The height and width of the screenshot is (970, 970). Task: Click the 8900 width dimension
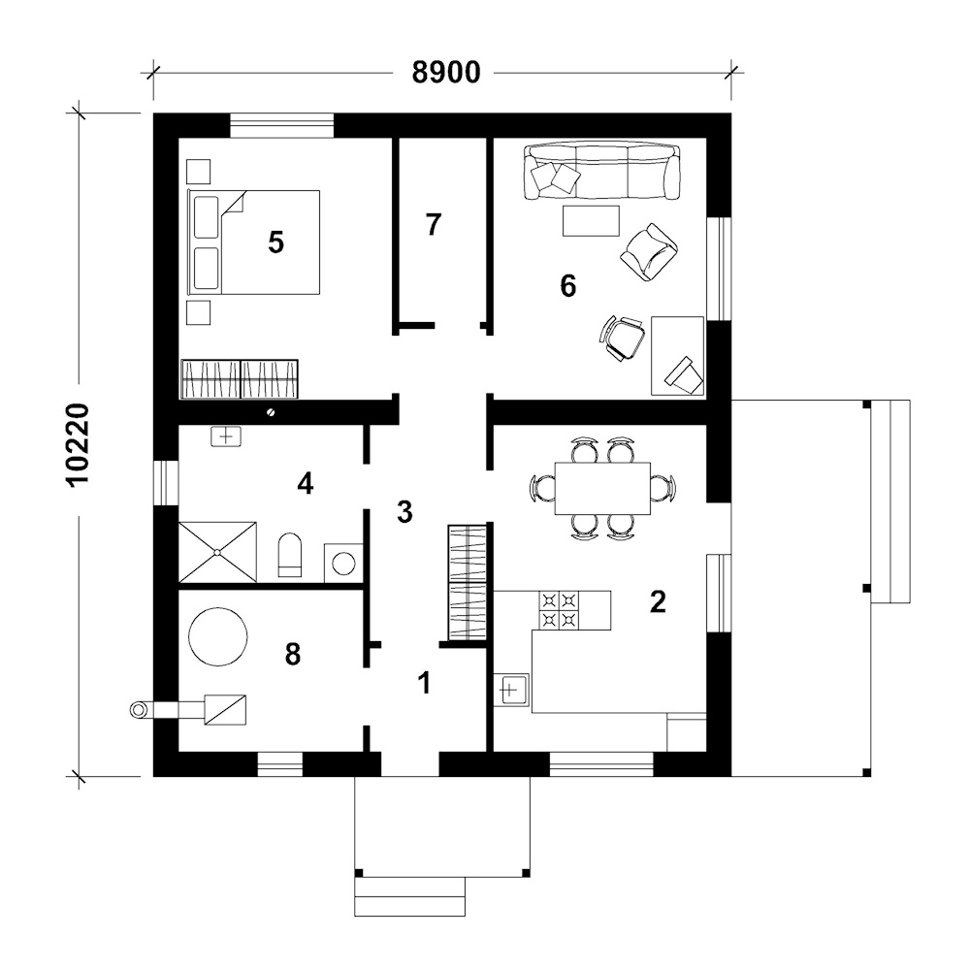click(446, 73)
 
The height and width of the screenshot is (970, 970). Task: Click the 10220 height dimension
click(79, 445)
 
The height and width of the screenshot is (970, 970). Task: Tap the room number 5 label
click(275, 242)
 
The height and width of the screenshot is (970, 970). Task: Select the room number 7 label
click(433, 225)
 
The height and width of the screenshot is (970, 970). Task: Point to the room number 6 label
click(567, 286)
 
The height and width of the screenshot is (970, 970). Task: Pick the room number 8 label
click(293, 654)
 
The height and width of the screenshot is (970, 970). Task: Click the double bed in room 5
click(253, 242)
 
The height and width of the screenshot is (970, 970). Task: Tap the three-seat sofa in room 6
click(602, 172)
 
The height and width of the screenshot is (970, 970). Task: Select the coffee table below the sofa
click(591, 221)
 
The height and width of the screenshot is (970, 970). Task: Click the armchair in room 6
click(649, 252)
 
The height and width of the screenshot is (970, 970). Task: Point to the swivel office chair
click(623, 338)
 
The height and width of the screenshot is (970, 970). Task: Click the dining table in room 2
click(602, 488)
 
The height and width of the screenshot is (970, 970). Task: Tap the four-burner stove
click(560, 610)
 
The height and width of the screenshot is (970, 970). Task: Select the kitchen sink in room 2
click(511, 690)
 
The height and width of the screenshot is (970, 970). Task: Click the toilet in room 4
click(289, 554)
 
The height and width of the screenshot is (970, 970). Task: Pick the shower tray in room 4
click(217, 552)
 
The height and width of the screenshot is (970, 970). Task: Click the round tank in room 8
click(217, 636)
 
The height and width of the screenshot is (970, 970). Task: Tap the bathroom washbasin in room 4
click(226, 436)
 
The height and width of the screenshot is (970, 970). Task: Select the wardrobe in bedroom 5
click(240, 378)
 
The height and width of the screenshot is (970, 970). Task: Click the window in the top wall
click(282, 125)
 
